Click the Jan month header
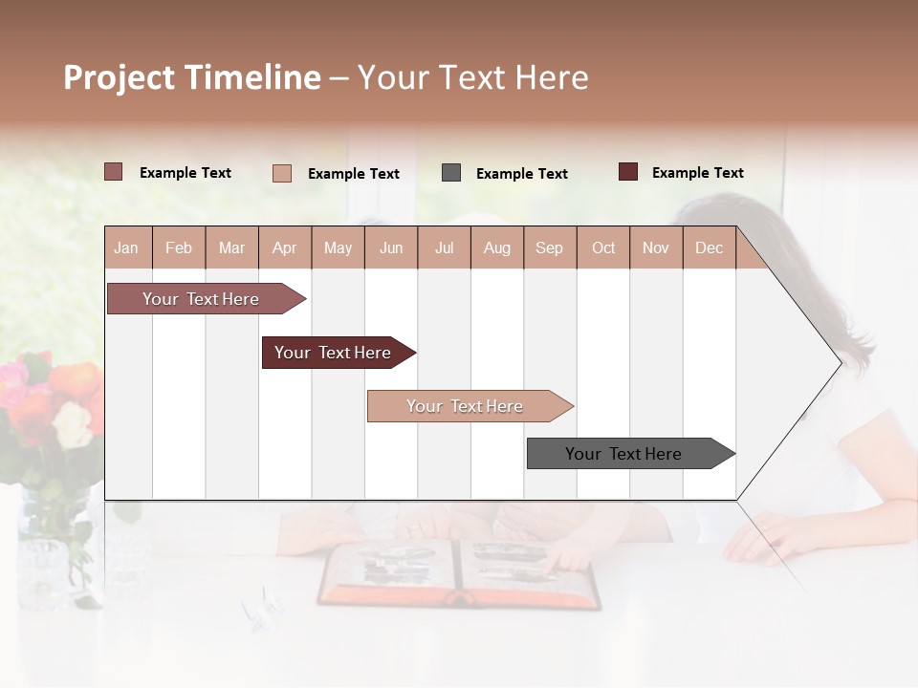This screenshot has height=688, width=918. click(126, 247)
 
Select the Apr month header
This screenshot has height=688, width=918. click(285, 247)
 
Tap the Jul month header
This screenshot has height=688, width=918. click(444, 247)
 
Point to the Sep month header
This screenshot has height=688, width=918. click(549, 247)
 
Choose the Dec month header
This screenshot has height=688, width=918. click(709, 247)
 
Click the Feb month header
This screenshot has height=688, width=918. click(179, 247)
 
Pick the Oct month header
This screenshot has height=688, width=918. click(603, 247)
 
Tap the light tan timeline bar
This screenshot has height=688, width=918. click(467, 406)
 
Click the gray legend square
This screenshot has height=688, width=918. click(451, 173)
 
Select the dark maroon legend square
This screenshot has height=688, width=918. click(628, 172)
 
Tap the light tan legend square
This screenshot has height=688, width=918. click(282, 173)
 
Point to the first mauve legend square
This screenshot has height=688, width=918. click(114, 172)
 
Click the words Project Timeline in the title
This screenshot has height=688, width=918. click(192, 77)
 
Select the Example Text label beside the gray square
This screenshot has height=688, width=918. click(521, 174)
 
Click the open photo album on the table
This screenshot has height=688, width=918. click(459, 573)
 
